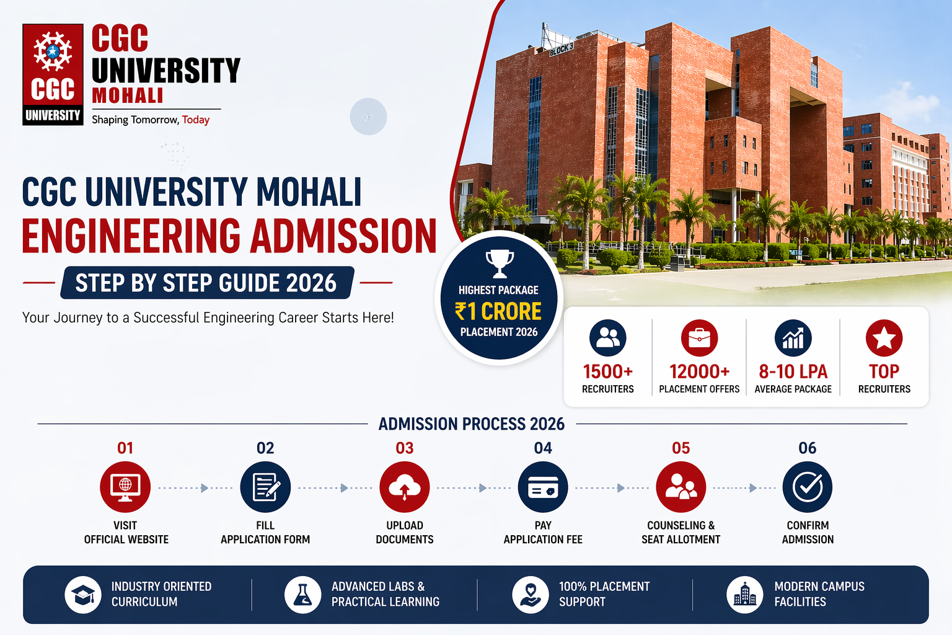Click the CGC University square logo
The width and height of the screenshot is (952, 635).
(x=53, y=74)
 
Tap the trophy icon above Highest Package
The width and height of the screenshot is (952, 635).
(x=499, y=264)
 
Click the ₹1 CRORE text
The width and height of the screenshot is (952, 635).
(x=498, y=311)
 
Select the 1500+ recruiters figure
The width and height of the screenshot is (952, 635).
(x=607, y=371)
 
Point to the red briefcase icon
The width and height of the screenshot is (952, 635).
(x=699, y=338)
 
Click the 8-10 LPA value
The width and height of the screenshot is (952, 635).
(x=793, y=371)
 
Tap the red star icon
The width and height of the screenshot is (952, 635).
(x=884, y=338)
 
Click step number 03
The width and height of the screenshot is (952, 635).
(x=405, y=448)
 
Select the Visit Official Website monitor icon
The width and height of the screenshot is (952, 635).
(x=125, y=487)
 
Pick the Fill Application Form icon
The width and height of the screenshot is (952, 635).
(x=265, y=487)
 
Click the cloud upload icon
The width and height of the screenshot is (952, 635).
(x=405, y=487)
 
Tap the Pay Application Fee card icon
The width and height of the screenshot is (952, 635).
(x=543, y=487)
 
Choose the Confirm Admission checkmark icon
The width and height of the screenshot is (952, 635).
(x=808, y=487)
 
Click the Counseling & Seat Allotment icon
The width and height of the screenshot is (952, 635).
(x=681, y=487)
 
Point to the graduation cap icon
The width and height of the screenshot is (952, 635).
(x=83, y=595)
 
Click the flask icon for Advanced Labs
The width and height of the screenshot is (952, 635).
(x=302, y=595)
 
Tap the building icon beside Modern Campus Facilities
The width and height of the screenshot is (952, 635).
(x=744, y=595)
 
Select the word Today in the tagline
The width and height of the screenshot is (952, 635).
(x=196, y=120)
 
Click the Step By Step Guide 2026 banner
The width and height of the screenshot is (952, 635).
(x=206, y=283)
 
